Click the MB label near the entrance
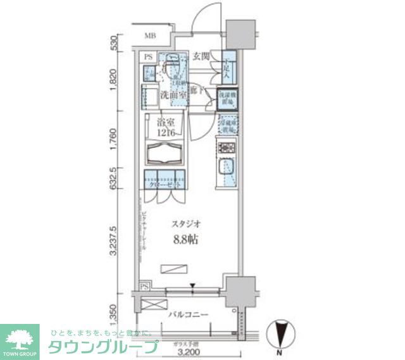[150, 35]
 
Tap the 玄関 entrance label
[202, 55]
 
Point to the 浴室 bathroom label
[165, 123]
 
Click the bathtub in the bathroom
[165, 153]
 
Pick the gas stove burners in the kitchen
[226, 149]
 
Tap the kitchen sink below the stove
[226, 169]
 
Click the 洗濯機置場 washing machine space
[227, 98]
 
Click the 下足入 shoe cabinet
[228, 66]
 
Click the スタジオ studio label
[187, 224]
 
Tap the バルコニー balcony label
[188, 314]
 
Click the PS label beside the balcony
[145, 287]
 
